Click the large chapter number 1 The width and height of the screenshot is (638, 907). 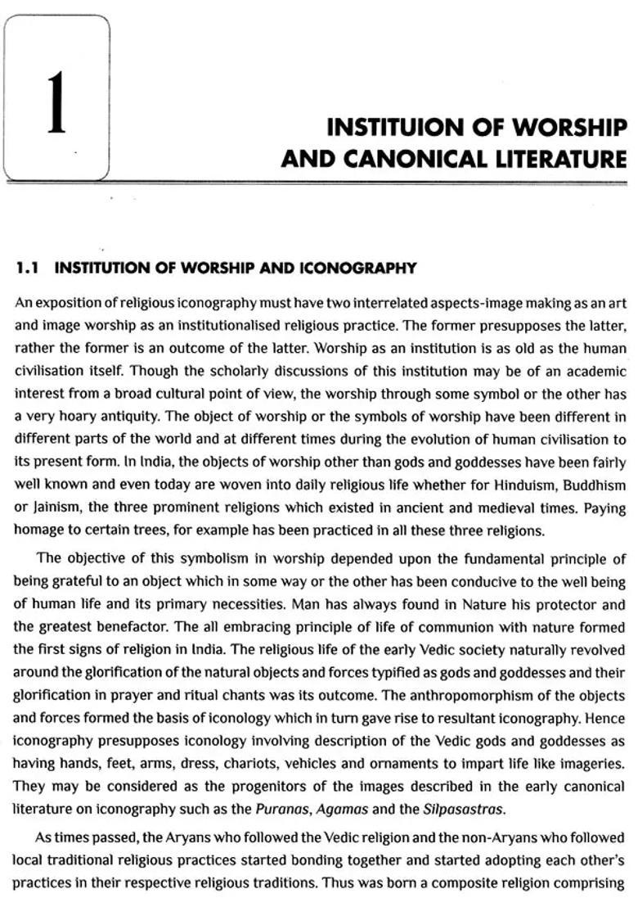(x=56, y=104)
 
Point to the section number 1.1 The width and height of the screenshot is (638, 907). (x=29, y=268)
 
